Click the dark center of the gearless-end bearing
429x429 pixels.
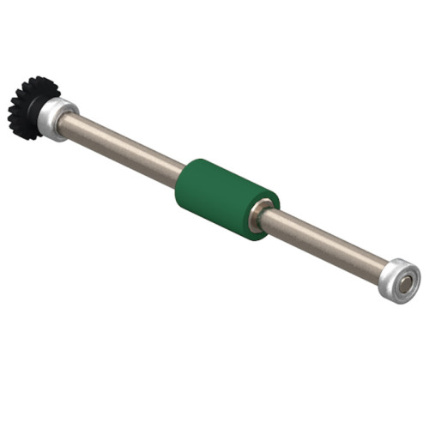point(404,281)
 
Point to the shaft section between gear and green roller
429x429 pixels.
point(129,149)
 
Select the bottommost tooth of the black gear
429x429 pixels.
point(26,137)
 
